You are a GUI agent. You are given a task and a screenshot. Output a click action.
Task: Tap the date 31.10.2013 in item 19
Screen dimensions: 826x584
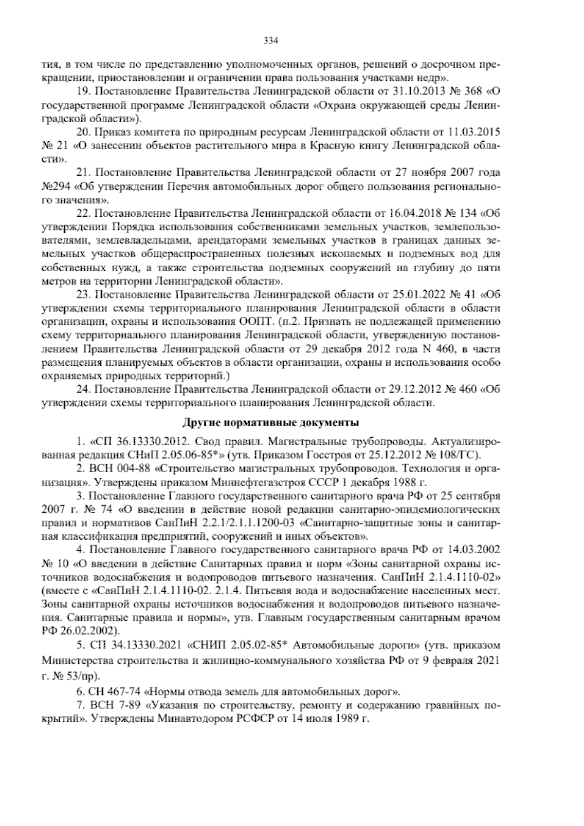pos(414,91)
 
